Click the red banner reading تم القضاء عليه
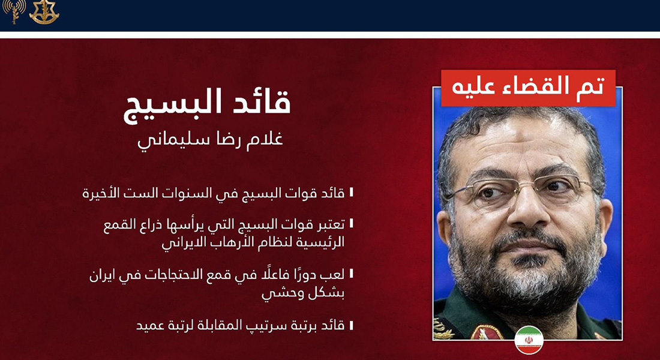pyautogui.click(x=528, y=88)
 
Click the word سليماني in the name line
pyautogui.click(x=163, y=141)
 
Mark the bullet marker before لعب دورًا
pyautogui.click(x=351, y=274)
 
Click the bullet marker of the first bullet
pyautogui.click(x=351, y=193)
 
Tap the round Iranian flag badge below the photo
pyautogui.click(x=529, y=340)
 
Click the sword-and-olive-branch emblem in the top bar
pyautogui.click(x=44, y=12)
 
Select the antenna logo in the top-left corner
pyautogui.click(x=14, y=11)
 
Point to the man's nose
pyautogui.click(x=530, y=210)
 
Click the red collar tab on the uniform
pyautogui.click(x=487, y=332)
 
